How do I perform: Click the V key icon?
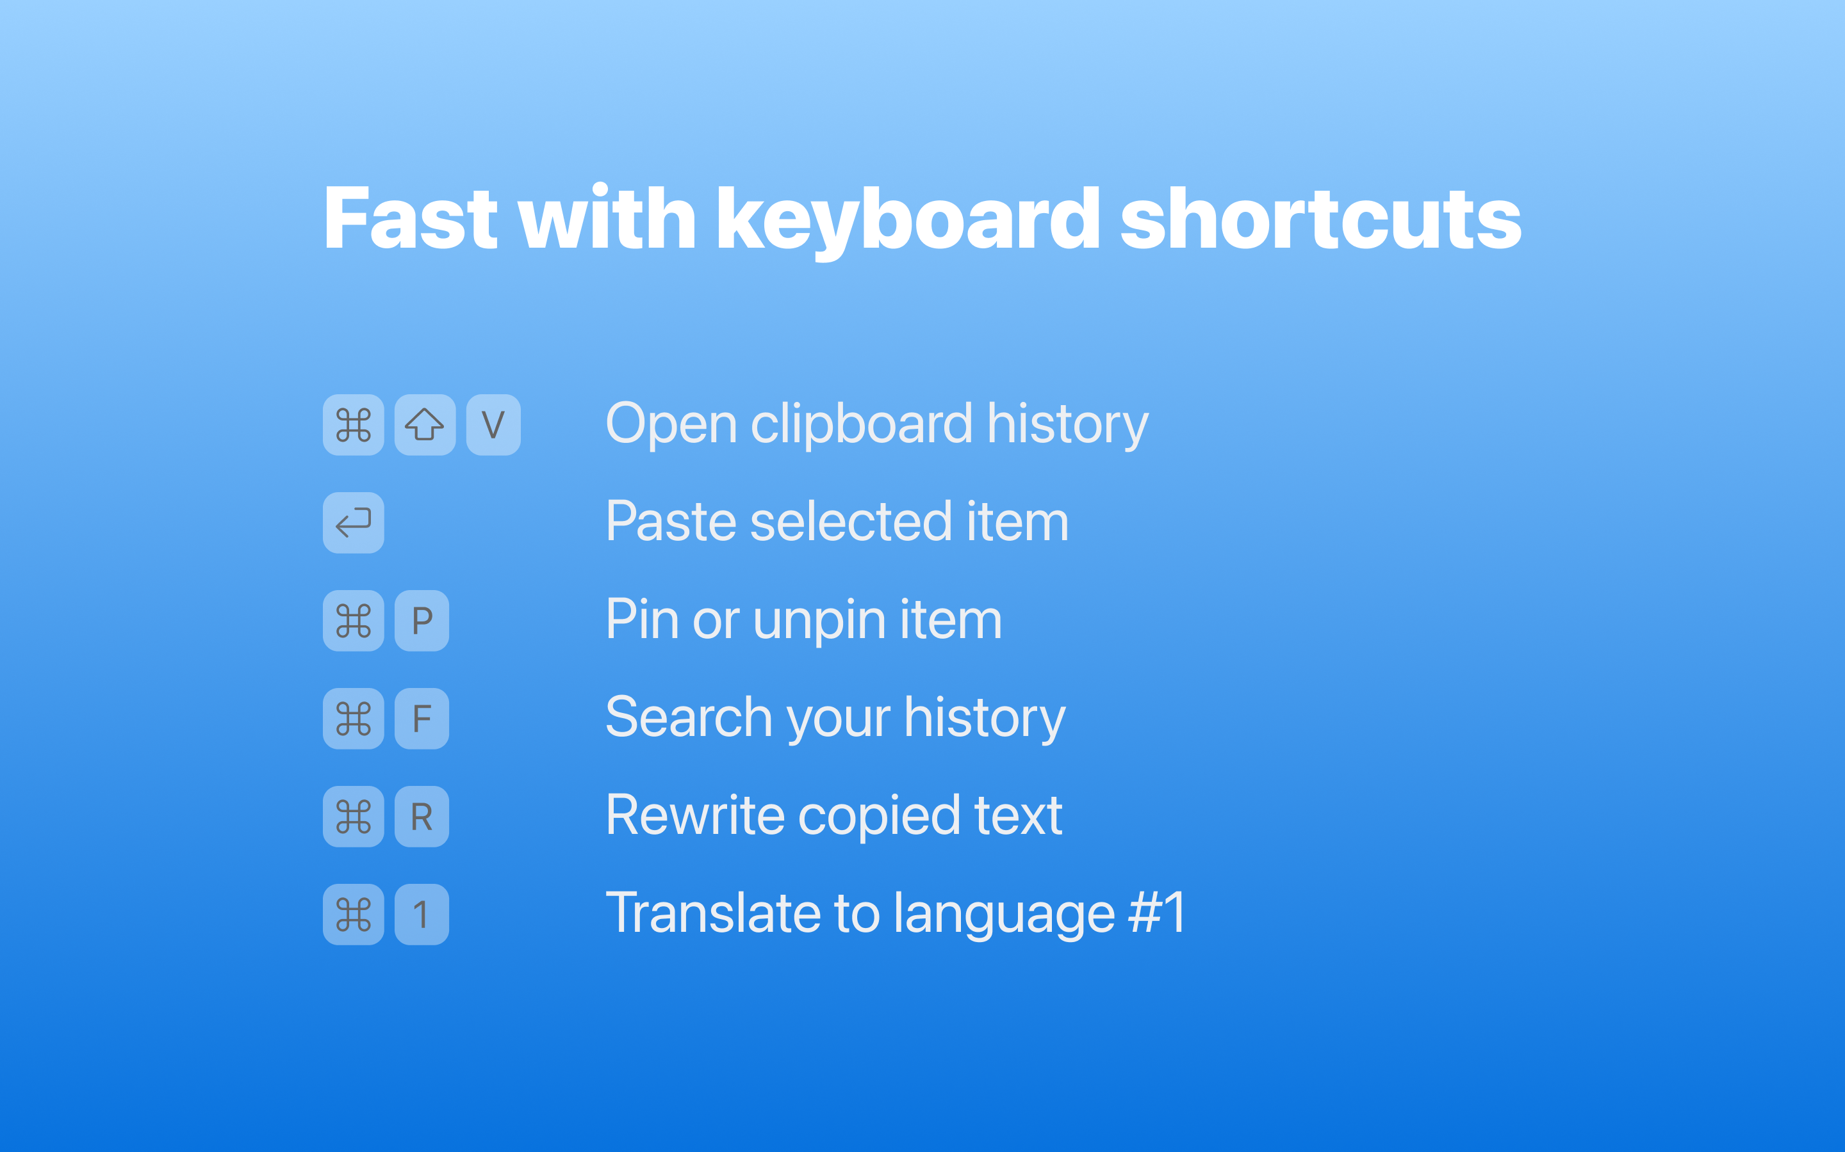[x=493, y=424]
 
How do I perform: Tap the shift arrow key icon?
[x=425, y=424]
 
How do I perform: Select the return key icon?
[x=353, y=523]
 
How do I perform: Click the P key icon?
[x=422, y=620]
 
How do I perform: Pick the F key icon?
[x=422, y=719]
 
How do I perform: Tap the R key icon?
[x=422, y=816]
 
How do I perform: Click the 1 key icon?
[x=422, y=915]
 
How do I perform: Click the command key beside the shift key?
[x=353, y=424]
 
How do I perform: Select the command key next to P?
[x=353, y=620]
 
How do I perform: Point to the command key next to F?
[x=353, y=719]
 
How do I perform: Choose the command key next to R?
[x=353, y=816]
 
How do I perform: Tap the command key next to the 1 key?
[x=353, y=915]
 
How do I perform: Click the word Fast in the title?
[x=411, y=219]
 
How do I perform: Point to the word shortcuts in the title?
[x=1320, y=219]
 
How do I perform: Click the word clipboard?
[x=862, y=424]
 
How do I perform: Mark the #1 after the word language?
[x=1158, y=913]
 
